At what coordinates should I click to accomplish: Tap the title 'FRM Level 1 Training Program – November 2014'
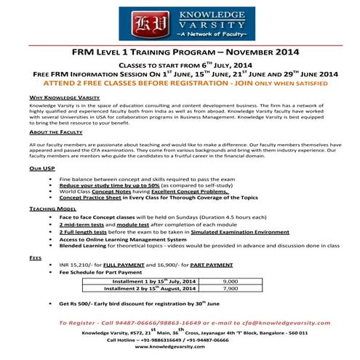(180, 53)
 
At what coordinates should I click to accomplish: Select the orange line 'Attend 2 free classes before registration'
(180, 84)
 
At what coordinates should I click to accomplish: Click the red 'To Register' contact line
(180, 322)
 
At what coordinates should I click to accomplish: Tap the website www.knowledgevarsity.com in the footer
(180, 346)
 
